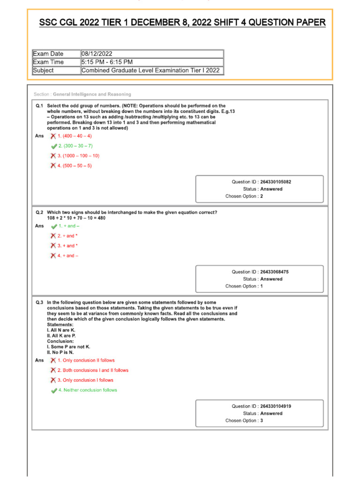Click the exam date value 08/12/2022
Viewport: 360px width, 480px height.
(97, 54)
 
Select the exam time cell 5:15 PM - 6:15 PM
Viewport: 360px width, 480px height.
(107, 62)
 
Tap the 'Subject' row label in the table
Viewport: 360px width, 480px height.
(43, 70)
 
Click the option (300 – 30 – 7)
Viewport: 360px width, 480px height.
(78, 146)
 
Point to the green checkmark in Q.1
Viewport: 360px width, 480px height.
(54, 146)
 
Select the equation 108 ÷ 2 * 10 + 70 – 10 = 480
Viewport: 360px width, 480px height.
(76, 218)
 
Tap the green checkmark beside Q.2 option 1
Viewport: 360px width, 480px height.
(54, 226)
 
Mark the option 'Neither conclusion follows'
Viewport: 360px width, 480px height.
(88, 390)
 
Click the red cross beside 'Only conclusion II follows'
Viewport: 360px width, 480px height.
(53, 360)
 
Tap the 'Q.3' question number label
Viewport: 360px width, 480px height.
(39, 303)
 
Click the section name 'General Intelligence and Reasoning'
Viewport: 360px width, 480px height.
(92, 94)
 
